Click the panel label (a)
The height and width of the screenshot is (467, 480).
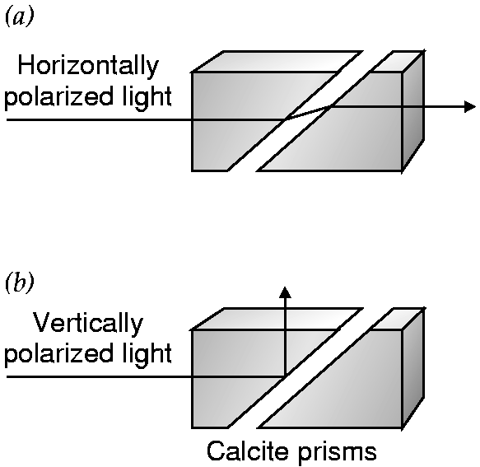(19, 17)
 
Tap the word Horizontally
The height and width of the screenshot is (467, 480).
(88, 66)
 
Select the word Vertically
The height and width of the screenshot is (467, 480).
(88, 324)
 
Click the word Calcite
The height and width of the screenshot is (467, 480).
(248, 451)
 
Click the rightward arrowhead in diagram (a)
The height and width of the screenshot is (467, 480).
(470, 106)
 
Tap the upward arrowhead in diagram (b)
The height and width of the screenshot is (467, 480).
(285, 292)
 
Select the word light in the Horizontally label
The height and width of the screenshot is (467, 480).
(145, 96)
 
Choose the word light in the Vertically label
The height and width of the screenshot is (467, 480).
(145, 353)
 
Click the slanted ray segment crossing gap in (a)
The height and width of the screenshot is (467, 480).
(308, 113)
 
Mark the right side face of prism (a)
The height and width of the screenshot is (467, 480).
(412, 111)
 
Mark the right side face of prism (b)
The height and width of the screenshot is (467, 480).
(412, 368)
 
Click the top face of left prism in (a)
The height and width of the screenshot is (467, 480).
(276, 62)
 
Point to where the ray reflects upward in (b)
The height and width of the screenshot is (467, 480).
(285, 376)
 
